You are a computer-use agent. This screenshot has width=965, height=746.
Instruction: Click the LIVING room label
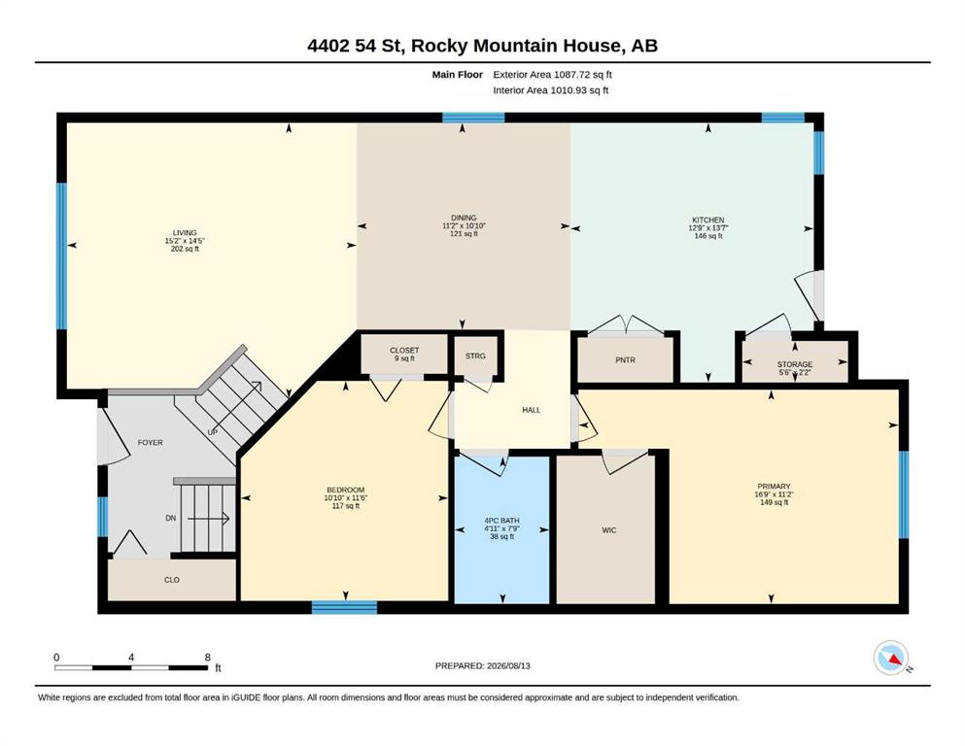coord(185,232)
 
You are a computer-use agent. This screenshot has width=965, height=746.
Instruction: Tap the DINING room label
coord(464,218)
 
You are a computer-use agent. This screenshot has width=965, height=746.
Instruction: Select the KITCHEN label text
coord(708,220)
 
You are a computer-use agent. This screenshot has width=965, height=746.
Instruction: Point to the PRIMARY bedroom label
coord(774,486)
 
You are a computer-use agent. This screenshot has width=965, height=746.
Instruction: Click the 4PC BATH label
coord(501,521)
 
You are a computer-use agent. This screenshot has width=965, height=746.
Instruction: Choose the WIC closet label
coord(608,530)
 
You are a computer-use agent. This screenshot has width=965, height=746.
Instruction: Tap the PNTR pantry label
coord(625,360)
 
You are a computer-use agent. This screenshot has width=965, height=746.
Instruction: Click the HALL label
coord(532,410)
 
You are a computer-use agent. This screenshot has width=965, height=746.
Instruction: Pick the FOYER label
coord(151,442)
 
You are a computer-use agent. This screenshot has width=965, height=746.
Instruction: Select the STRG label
coord(475,356)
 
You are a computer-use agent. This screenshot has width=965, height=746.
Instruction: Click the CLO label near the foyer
coord(172,580)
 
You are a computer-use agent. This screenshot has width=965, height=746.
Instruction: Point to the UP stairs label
coord(212,432)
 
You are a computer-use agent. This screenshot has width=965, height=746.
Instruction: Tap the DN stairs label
coord(170,519)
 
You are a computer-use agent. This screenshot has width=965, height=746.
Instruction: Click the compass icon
coord(891,658)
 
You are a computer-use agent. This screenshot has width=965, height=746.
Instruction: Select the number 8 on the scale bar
coord(207,658)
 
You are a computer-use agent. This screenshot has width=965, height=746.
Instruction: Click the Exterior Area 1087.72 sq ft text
coord(552,75)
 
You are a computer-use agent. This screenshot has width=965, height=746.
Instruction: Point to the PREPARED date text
coord(482,665)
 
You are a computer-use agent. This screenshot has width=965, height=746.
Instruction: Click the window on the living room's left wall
coord(61,255)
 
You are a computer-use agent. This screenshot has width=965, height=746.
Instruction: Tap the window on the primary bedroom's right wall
coord(904,494)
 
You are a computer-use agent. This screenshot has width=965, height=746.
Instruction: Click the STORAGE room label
coord(795,364)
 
